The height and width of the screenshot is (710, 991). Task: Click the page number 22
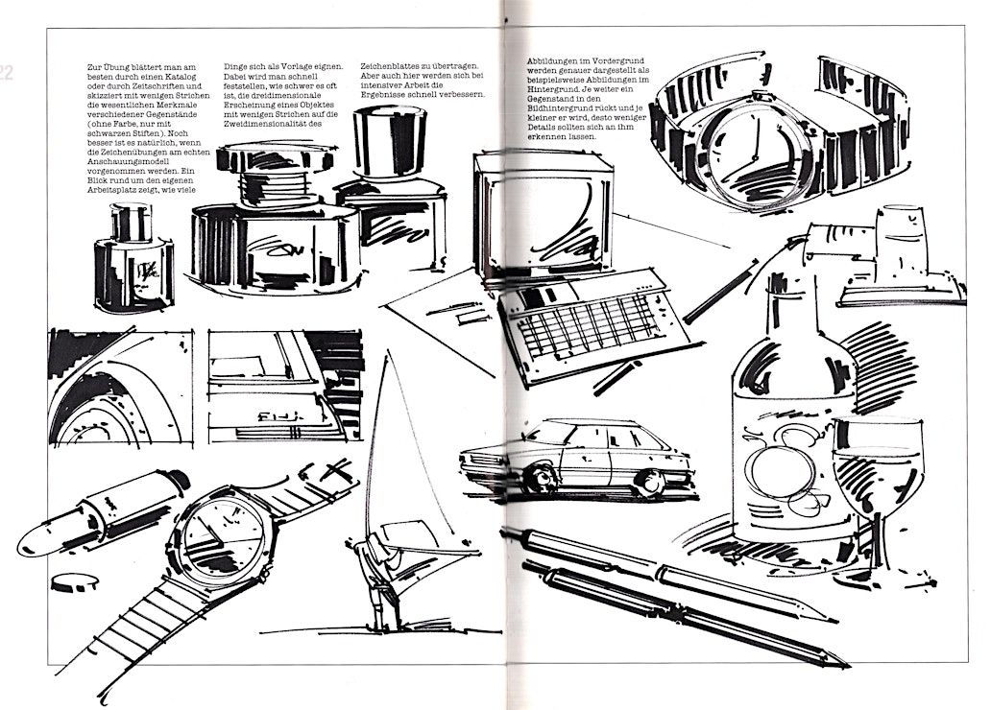pyautogui.click(x=6, y=73)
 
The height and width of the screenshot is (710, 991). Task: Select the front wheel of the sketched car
pyautogui.click(x=541, y=478)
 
